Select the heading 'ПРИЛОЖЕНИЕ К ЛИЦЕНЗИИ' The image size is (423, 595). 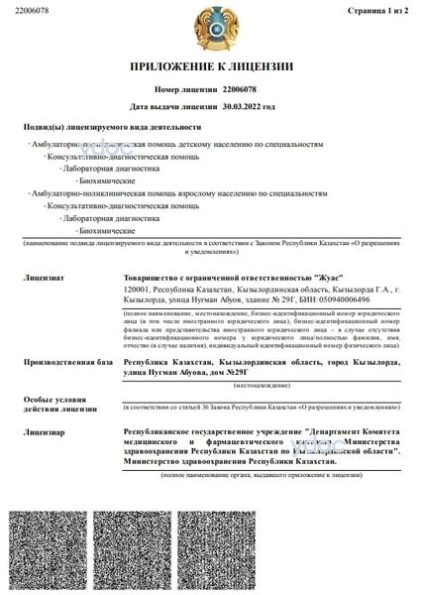(x=211, y=66)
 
